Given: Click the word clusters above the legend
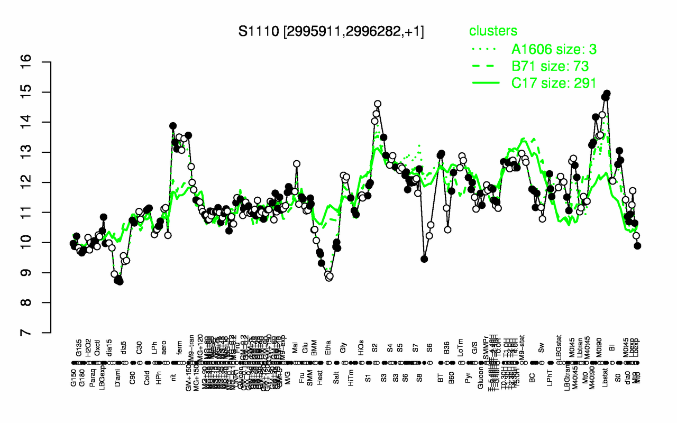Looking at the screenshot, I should [x=493, y=31].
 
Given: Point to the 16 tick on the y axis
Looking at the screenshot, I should [x=41, y=62].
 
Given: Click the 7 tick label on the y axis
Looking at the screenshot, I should [x=41, y=333].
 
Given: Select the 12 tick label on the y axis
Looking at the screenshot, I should [x=41, y=182].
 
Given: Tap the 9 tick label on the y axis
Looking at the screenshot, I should [x=41, y=272].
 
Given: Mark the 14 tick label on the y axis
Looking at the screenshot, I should [x=41, y=122].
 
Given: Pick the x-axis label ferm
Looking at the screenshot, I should [x=179, y=348].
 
